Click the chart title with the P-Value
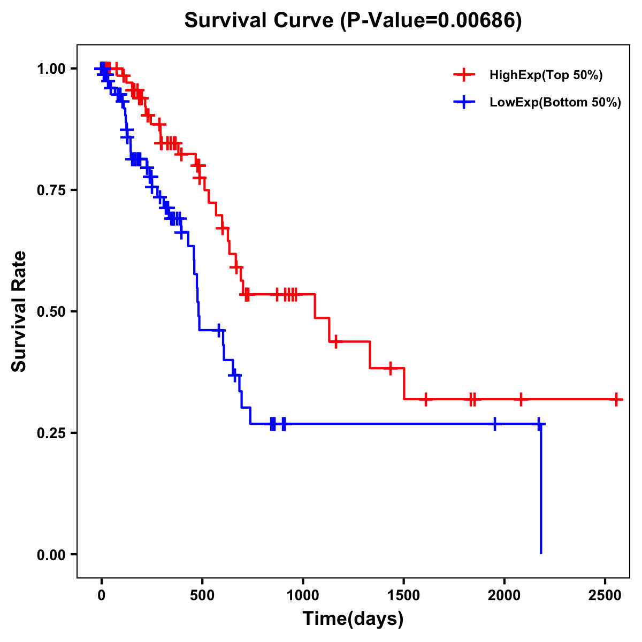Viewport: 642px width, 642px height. pos(353,21)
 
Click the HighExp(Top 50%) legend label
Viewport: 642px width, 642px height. pos(546,75)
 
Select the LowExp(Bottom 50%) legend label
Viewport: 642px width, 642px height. pos(555,103)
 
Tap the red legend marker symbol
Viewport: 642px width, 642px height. pos(464,75)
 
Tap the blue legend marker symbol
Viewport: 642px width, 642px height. pos(464,102)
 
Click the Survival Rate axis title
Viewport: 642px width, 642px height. pos(19,311)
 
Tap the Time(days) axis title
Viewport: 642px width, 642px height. pos(353,619)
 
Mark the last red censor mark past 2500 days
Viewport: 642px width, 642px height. pos(616,399)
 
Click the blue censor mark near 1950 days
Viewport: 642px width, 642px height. pos(494,424)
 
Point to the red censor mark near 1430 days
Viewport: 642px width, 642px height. pos(390,368)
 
